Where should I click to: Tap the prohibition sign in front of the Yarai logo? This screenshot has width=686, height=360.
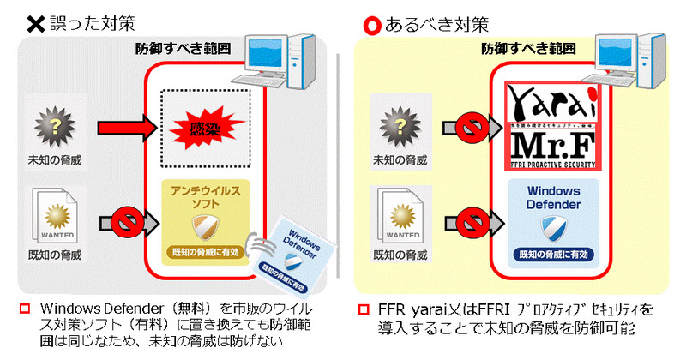[473, 129]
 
